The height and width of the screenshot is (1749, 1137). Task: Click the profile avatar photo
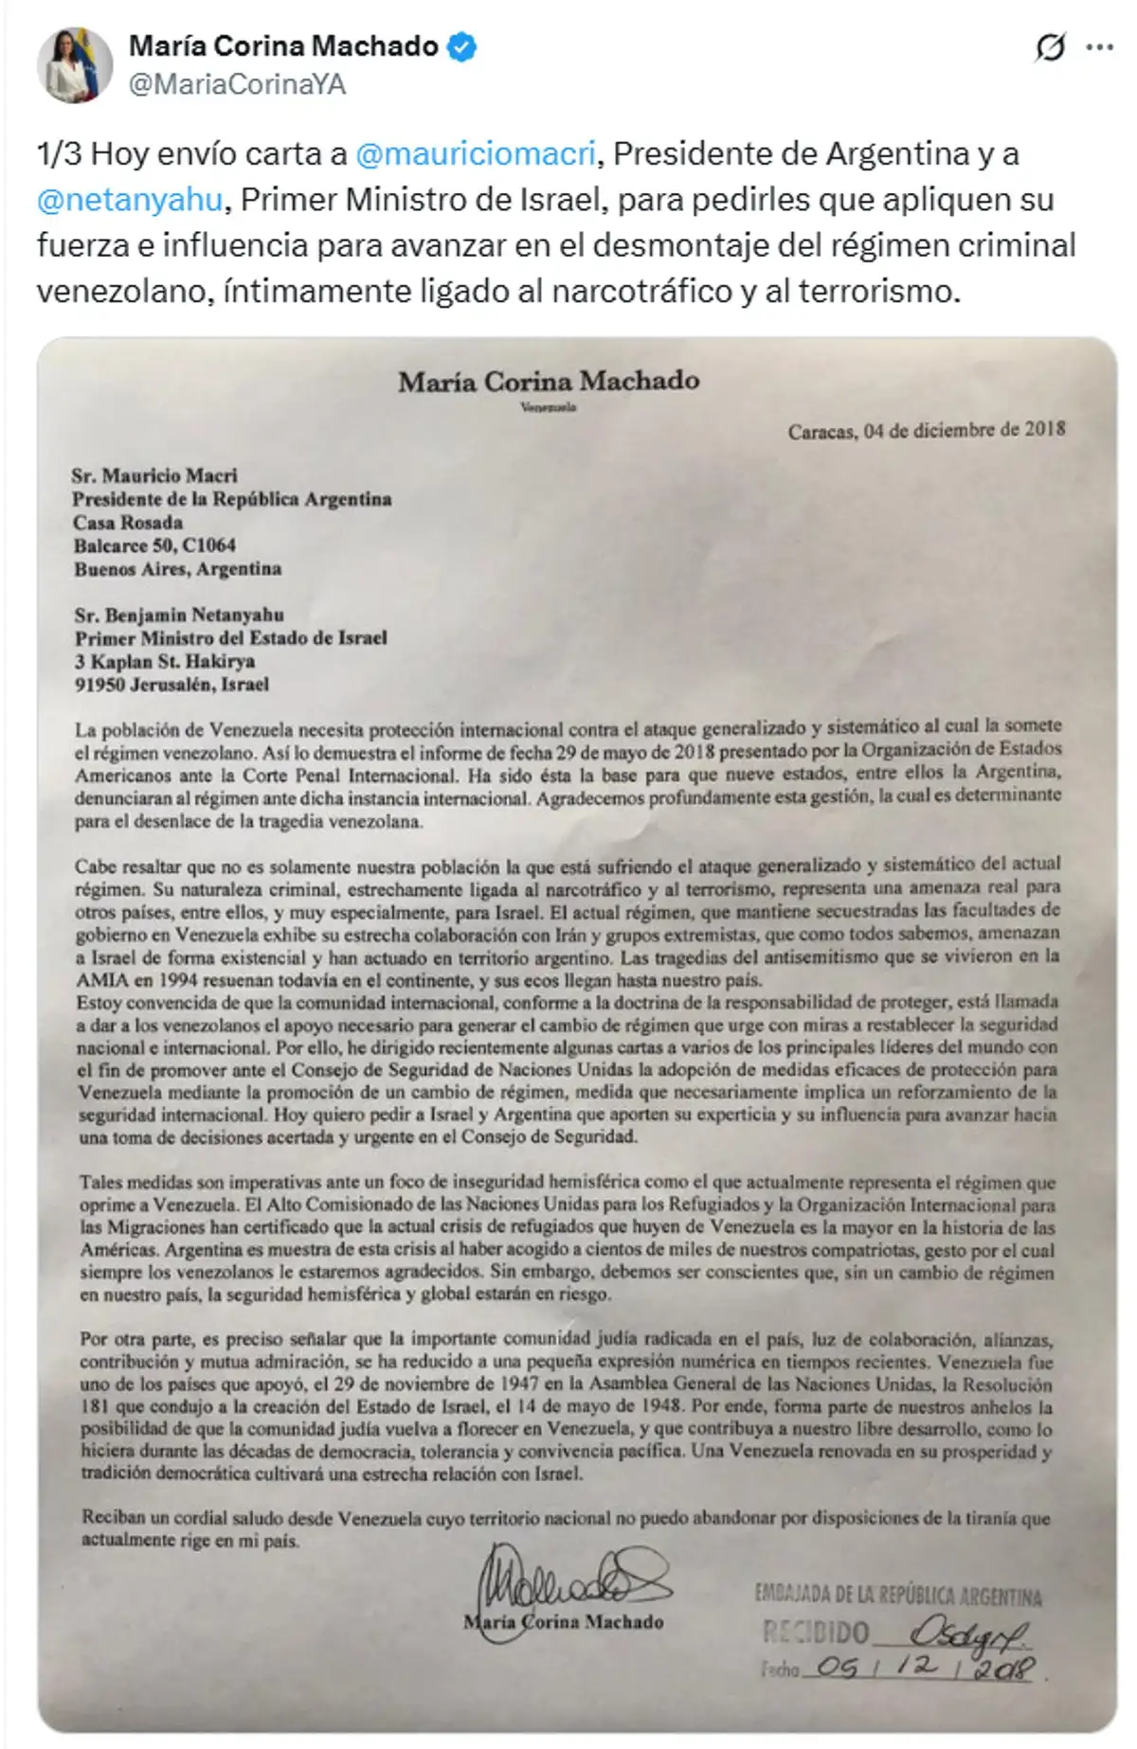[75, 64]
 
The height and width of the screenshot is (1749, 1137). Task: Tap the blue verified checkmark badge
[461, 46]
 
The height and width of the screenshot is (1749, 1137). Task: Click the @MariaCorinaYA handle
[237, 84]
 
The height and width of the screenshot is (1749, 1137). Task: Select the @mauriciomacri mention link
[476, 153]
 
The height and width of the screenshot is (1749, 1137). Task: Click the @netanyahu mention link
[130, 199]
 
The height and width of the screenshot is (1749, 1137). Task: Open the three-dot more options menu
[1099, 46]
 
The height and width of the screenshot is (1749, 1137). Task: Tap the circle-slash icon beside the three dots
[1050, 46]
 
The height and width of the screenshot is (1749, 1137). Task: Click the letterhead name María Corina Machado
[549, 381]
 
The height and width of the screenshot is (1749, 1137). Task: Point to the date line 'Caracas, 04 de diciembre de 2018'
[926, 430]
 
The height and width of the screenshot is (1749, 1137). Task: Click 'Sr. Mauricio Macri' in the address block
[154, 475]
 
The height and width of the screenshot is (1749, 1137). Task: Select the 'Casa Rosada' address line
[128, 522]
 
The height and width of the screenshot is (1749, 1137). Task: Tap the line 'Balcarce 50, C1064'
[154, 545]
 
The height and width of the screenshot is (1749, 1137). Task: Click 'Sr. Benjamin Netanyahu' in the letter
[179, 615]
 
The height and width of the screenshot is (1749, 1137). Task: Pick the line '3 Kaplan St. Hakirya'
[165, 661]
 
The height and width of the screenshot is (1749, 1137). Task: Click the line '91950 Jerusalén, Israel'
[171, 684]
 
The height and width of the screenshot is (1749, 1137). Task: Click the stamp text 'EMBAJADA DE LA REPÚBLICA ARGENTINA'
[897, 1596]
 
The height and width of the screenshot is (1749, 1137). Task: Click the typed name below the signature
[563, 1621]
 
